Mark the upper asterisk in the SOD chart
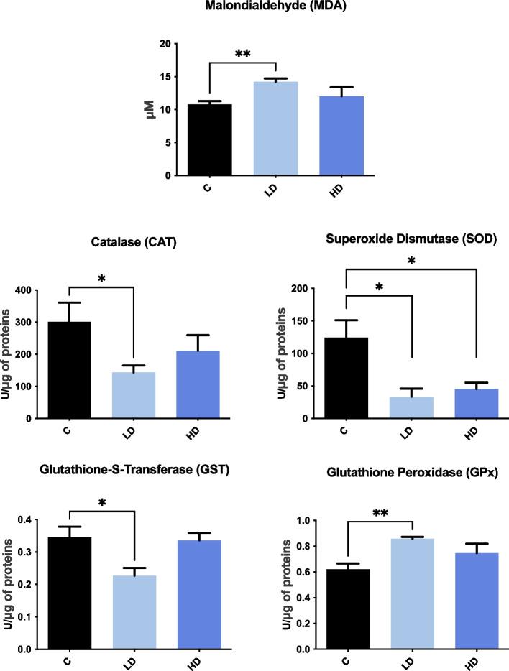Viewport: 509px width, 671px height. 412,259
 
